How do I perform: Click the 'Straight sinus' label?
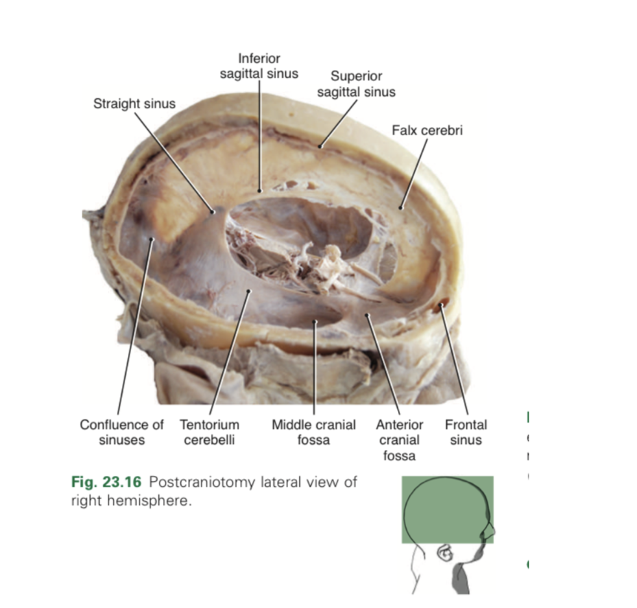pyautogui.click(x=134, y=104)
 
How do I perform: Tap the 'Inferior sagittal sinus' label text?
pyautogui.click(x=259, y=66)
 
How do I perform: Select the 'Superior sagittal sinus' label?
pyautogui.click(x=356, y=84)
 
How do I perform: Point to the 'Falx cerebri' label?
pyautogui.click(x=427, y=130)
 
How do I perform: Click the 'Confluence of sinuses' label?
pyautogui.click(x=122, y=432)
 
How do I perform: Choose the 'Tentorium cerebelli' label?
pyautogui.click(x=210, y=432)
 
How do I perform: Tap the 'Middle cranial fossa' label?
pyautogui.click(x=314, y=432)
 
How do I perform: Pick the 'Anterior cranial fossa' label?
pyautogui.click(x=400, y=440)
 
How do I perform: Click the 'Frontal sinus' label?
pyautogui.click(x=466, y=432)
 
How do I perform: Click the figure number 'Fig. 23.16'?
pyautogui.click(x=104, y=483)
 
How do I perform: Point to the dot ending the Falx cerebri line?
pyautogui.click(x=402, y=207)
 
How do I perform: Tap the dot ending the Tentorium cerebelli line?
pyautogui.click(x=248, y=293)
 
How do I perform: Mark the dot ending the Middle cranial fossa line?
pyautogui.click(x=314, y=320)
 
